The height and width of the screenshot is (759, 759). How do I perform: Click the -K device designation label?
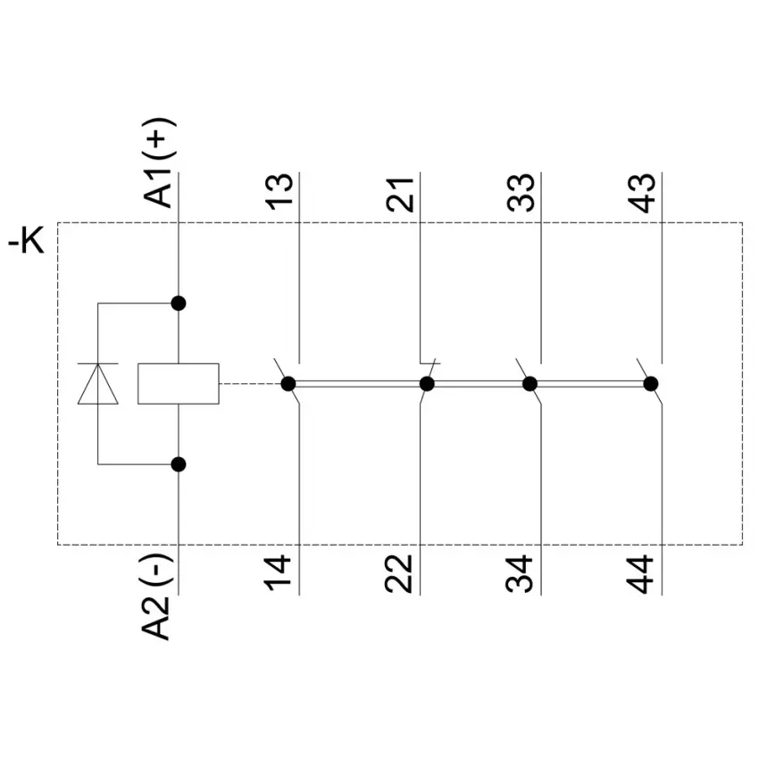(26, 240)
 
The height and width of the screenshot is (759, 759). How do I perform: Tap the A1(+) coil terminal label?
(159, 163)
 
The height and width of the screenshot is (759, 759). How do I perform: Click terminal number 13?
(279, 192)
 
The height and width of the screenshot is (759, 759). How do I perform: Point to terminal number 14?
(278, 573)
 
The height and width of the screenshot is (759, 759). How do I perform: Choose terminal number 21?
(400, 195)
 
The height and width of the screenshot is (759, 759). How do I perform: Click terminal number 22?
(398, 573)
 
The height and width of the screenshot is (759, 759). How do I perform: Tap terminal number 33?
(521, 192)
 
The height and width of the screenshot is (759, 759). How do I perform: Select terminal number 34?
(520, 574)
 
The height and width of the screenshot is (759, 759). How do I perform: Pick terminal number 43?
(642, 193)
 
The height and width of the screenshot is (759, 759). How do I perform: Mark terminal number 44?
(640, 574)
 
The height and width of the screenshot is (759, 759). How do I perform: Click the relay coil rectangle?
(178, 383)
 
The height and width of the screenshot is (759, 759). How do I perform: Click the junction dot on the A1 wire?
(179, 304)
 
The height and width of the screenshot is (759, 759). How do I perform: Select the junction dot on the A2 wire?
(179, 464)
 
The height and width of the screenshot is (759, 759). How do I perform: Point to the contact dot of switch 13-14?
(288, 384)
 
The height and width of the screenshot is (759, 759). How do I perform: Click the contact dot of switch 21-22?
(427, 384)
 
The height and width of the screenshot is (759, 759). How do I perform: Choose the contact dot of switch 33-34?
(530, 384)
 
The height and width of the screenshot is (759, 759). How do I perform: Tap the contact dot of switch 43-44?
(651, 384)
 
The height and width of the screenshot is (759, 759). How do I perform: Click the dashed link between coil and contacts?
(250, 384)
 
